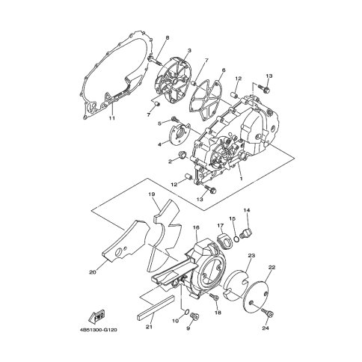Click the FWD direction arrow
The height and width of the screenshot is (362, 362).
(x=96, y=317)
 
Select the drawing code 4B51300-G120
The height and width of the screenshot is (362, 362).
(x=98, y=330)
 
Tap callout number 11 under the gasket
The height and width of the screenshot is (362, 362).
(x=112, y=118)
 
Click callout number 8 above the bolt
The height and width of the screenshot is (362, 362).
(x=168, y=38)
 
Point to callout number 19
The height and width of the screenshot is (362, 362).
(x=152, y=194)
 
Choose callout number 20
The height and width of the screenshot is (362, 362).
(x=92, y=272)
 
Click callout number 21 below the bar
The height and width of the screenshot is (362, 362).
(x=150, y=327)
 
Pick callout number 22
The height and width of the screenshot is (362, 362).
(x=271, y=267)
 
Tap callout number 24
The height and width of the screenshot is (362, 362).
(x=266, y=328)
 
